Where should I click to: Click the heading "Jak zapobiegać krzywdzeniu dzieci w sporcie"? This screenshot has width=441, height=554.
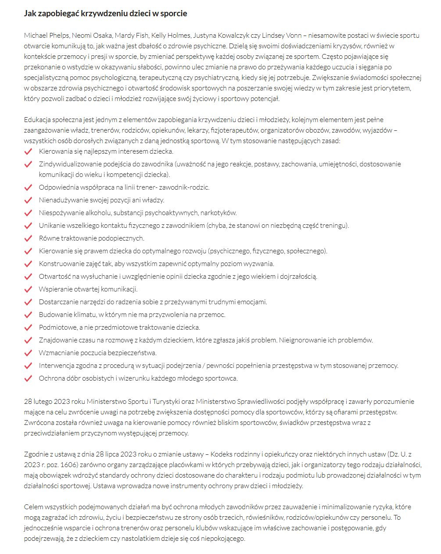pos(105,14)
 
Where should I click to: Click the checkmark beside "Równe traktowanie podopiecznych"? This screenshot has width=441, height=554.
pos(29,238)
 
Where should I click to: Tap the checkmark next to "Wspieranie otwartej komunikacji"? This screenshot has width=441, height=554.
pos(29,289)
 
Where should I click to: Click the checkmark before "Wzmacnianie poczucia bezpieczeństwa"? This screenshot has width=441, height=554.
pos(29,353)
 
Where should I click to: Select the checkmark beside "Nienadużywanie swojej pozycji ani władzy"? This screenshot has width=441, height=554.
pos(29,200)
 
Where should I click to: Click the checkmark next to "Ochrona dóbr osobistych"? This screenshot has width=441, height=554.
pos(29,378)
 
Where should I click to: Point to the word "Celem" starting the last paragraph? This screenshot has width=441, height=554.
pos(33,507)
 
